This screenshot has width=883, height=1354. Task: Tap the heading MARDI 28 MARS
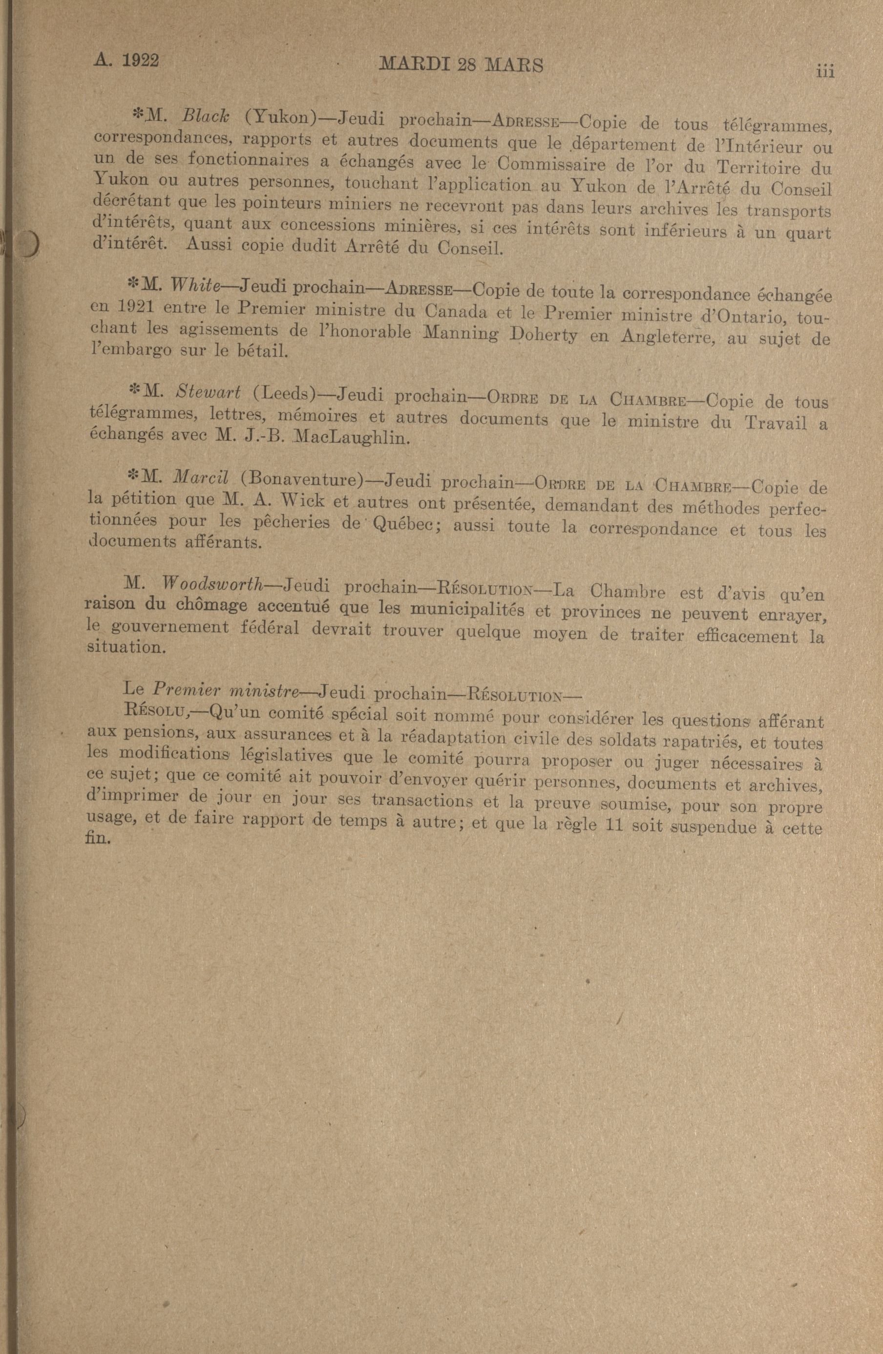460,65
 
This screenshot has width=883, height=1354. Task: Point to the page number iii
824,72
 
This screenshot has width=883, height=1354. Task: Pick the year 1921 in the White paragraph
135,307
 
